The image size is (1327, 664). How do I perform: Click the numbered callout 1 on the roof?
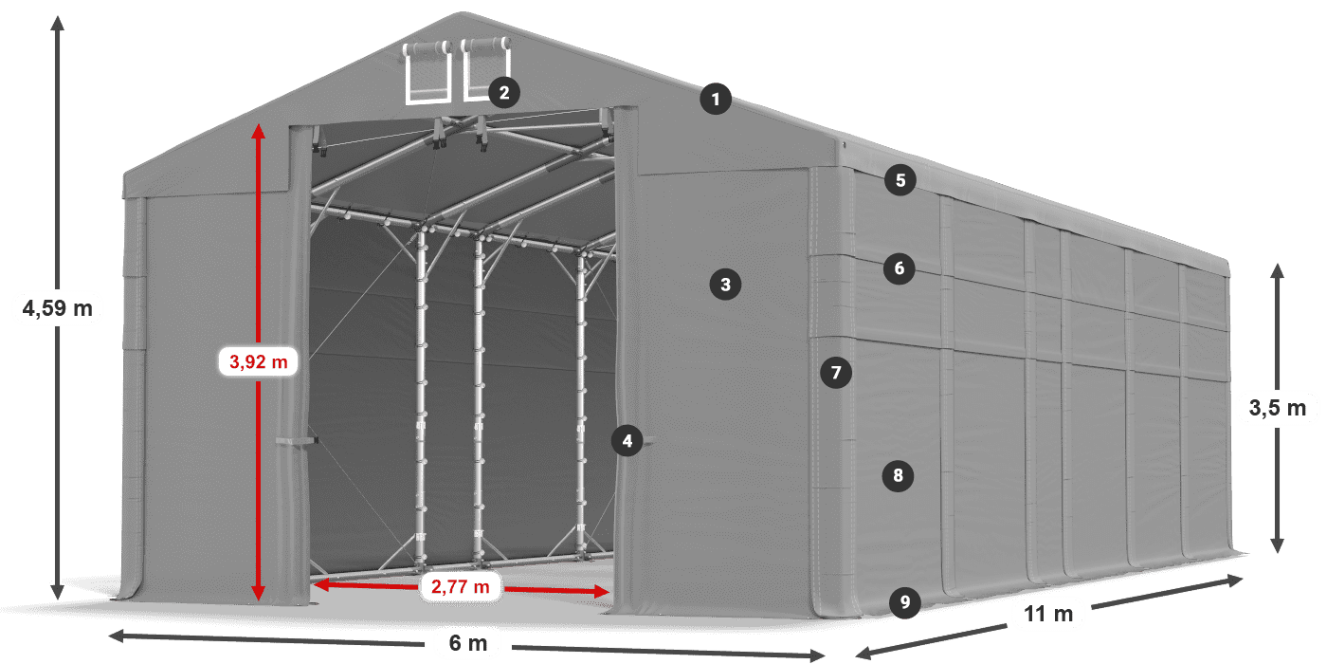[x=717, y=98]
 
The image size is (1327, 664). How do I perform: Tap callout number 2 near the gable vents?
[x=503, y=92]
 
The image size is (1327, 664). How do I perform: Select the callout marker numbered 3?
[x=725, y=284]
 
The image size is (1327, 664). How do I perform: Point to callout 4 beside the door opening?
[x=626, y=440]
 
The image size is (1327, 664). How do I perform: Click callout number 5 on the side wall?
[x=900, y=179]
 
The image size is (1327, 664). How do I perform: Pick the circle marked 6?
[x=900, y=268]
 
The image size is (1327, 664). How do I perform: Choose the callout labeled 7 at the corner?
[x=835, y=373]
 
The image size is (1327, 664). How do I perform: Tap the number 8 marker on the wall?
[x=898, y=474]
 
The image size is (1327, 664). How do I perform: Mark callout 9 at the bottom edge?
[x=905, y=600]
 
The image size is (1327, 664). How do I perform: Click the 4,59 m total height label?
[x=57, y=307]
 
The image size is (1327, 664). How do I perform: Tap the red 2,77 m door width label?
[x=461, y=587]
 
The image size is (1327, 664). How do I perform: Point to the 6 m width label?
[x=467, y=643]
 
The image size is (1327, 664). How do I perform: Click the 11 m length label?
[x=1048, y=614]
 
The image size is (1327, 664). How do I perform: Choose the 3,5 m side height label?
[x=1278, y=409]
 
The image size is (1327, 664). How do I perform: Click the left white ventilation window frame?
[x=427, y=73]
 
